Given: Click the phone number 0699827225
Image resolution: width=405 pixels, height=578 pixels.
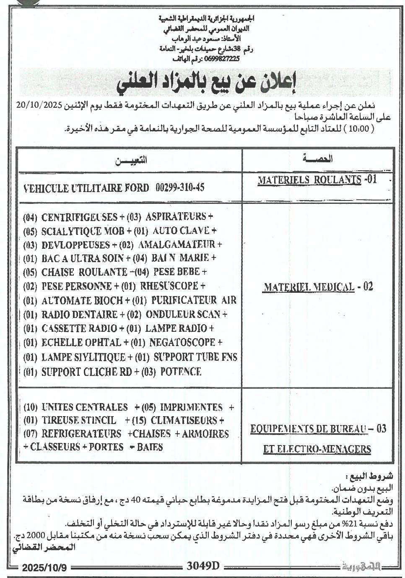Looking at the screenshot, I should pyautogui.click(x=222, y=59).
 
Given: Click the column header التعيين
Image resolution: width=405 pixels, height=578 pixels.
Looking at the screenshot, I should pyautogui.click(x=131, y=160).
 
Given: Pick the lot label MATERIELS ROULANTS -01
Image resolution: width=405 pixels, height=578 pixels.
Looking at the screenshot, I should pyautogui.click(x=317, y=180).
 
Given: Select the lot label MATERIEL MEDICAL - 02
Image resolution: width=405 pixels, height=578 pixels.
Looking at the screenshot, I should pyautogui.click(x=318, y=287).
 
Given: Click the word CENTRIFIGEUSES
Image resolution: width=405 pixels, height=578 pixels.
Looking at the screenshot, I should pyautogui.click(x=79, y=217).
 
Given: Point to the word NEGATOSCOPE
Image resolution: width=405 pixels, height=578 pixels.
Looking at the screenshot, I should pyautogui.click(x=182, y=343).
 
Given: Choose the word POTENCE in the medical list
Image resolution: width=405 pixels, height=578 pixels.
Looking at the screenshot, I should pyautogui.click(x=181, y=372).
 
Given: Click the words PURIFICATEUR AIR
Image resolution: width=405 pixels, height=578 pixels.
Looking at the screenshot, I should pyautogui.click(x=194, y=300).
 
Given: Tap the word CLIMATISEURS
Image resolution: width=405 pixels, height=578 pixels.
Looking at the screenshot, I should pyautogui.click(x=184, y=420).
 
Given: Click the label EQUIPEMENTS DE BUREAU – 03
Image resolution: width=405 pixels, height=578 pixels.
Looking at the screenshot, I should pyautogui.click(x=318, y=429).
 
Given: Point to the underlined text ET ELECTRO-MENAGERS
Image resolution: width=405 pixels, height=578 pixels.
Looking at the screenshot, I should pyautogui.click(x=317, y=449).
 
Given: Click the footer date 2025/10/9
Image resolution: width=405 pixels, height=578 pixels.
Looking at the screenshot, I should pyautogui.click(x=44, y=568).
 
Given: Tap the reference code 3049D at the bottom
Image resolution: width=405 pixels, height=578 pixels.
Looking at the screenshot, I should pyautogui.click(x=203, y=566).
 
